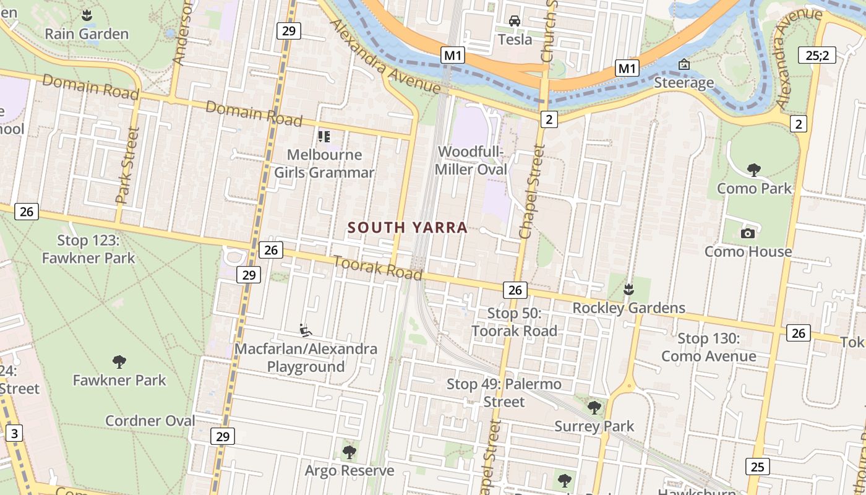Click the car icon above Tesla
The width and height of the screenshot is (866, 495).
coord(514,22)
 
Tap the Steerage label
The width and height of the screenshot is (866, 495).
coord(684,82)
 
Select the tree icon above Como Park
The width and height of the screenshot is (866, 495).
coord(753,170)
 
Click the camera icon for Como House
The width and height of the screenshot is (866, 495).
coord(747,233)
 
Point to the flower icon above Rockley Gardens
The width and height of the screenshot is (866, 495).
coord(628,289)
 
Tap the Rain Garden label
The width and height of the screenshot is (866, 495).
coord(87,34)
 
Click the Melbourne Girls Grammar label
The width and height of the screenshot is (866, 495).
coord(324,163)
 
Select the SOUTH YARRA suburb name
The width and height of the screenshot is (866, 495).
coord(407,228)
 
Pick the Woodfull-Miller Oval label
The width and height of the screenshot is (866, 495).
coord(471,160)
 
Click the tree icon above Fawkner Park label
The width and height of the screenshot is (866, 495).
coord(119,361)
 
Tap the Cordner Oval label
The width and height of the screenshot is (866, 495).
coord(150,421)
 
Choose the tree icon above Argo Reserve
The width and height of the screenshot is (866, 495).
coord(349,452)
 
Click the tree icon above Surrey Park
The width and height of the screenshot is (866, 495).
coord(594,407)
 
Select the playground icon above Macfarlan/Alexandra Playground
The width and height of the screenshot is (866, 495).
coord(305,330)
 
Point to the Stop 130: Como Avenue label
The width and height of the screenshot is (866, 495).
coord(709,347)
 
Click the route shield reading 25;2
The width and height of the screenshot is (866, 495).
coord(817,55)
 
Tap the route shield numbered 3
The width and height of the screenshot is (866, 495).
coord(14,433)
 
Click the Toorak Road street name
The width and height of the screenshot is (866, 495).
coord(378,267)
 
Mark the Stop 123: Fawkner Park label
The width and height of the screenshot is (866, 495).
coord(88,249)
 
